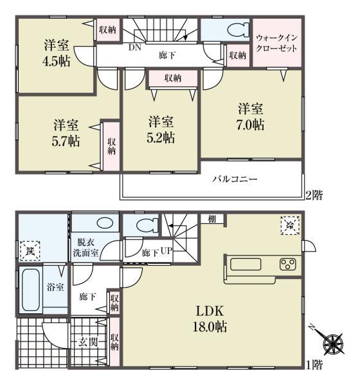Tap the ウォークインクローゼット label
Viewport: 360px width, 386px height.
[x=277, y=42]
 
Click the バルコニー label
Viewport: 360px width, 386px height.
[x=235, y=179]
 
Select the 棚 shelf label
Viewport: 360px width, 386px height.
[x=212, y=219]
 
